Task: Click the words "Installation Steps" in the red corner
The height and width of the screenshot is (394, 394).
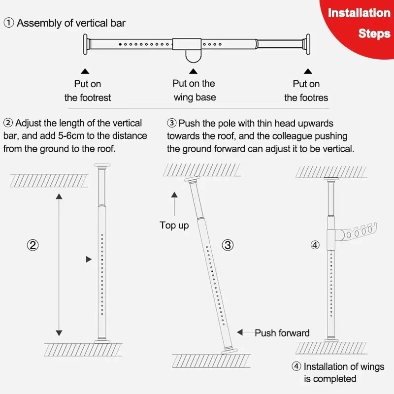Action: click(359, 23)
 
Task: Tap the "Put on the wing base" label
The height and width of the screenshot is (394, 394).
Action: click(194, 90)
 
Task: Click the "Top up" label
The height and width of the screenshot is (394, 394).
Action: click(174, 226)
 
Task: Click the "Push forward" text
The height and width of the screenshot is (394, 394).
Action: click(282, 333)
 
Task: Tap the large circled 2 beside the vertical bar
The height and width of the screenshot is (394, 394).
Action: click(33, 245)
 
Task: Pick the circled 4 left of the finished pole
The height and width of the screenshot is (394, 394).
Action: click(315, 245)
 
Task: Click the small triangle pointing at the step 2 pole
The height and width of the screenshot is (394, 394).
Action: click(89, 259)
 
